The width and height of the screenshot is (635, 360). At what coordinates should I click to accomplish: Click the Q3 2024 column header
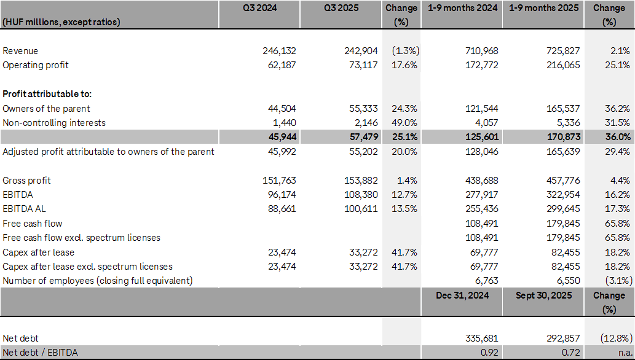259,9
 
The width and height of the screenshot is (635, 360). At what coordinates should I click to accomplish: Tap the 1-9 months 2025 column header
543,9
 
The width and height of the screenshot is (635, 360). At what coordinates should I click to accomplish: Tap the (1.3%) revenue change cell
404,51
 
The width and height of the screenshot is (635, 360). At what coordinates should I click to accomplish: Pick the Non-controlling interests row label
54,123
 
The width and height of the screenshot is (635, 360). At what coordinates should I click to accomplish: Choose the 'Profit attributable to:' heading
47,94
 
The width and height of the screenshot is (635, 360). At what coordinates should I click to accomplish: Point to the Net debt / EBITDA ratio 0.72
571,353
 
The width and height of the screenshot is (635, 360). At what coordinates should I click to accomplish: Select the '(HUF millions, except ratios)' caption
61,22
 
